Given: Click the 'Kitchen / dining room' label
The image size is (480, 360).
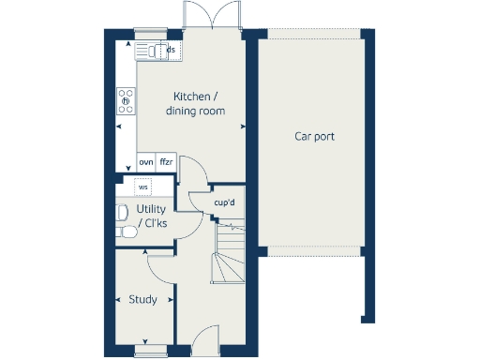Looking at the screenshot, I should [x=196, y=104].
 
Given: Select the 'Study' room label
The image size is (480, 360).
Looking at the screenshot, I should [x=142, y=300].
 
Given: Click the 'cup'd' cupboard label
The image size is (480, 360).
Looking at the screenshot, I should [x=223, y=202].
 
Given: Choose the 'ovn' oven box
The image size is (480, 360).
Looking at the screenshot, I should [x=146, y=162].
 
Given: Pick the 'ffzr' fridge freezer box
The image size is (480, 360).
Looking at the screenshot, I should [x=167, y=162].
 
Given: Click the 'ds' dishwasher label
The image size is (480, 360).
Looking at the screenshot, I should [x=170, y=49].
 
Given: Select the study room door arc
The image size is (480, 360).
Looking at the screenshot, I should [x=161, y=265].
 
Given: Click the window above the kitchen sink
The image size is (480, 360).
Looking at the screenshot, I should [x=150, y=32].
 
